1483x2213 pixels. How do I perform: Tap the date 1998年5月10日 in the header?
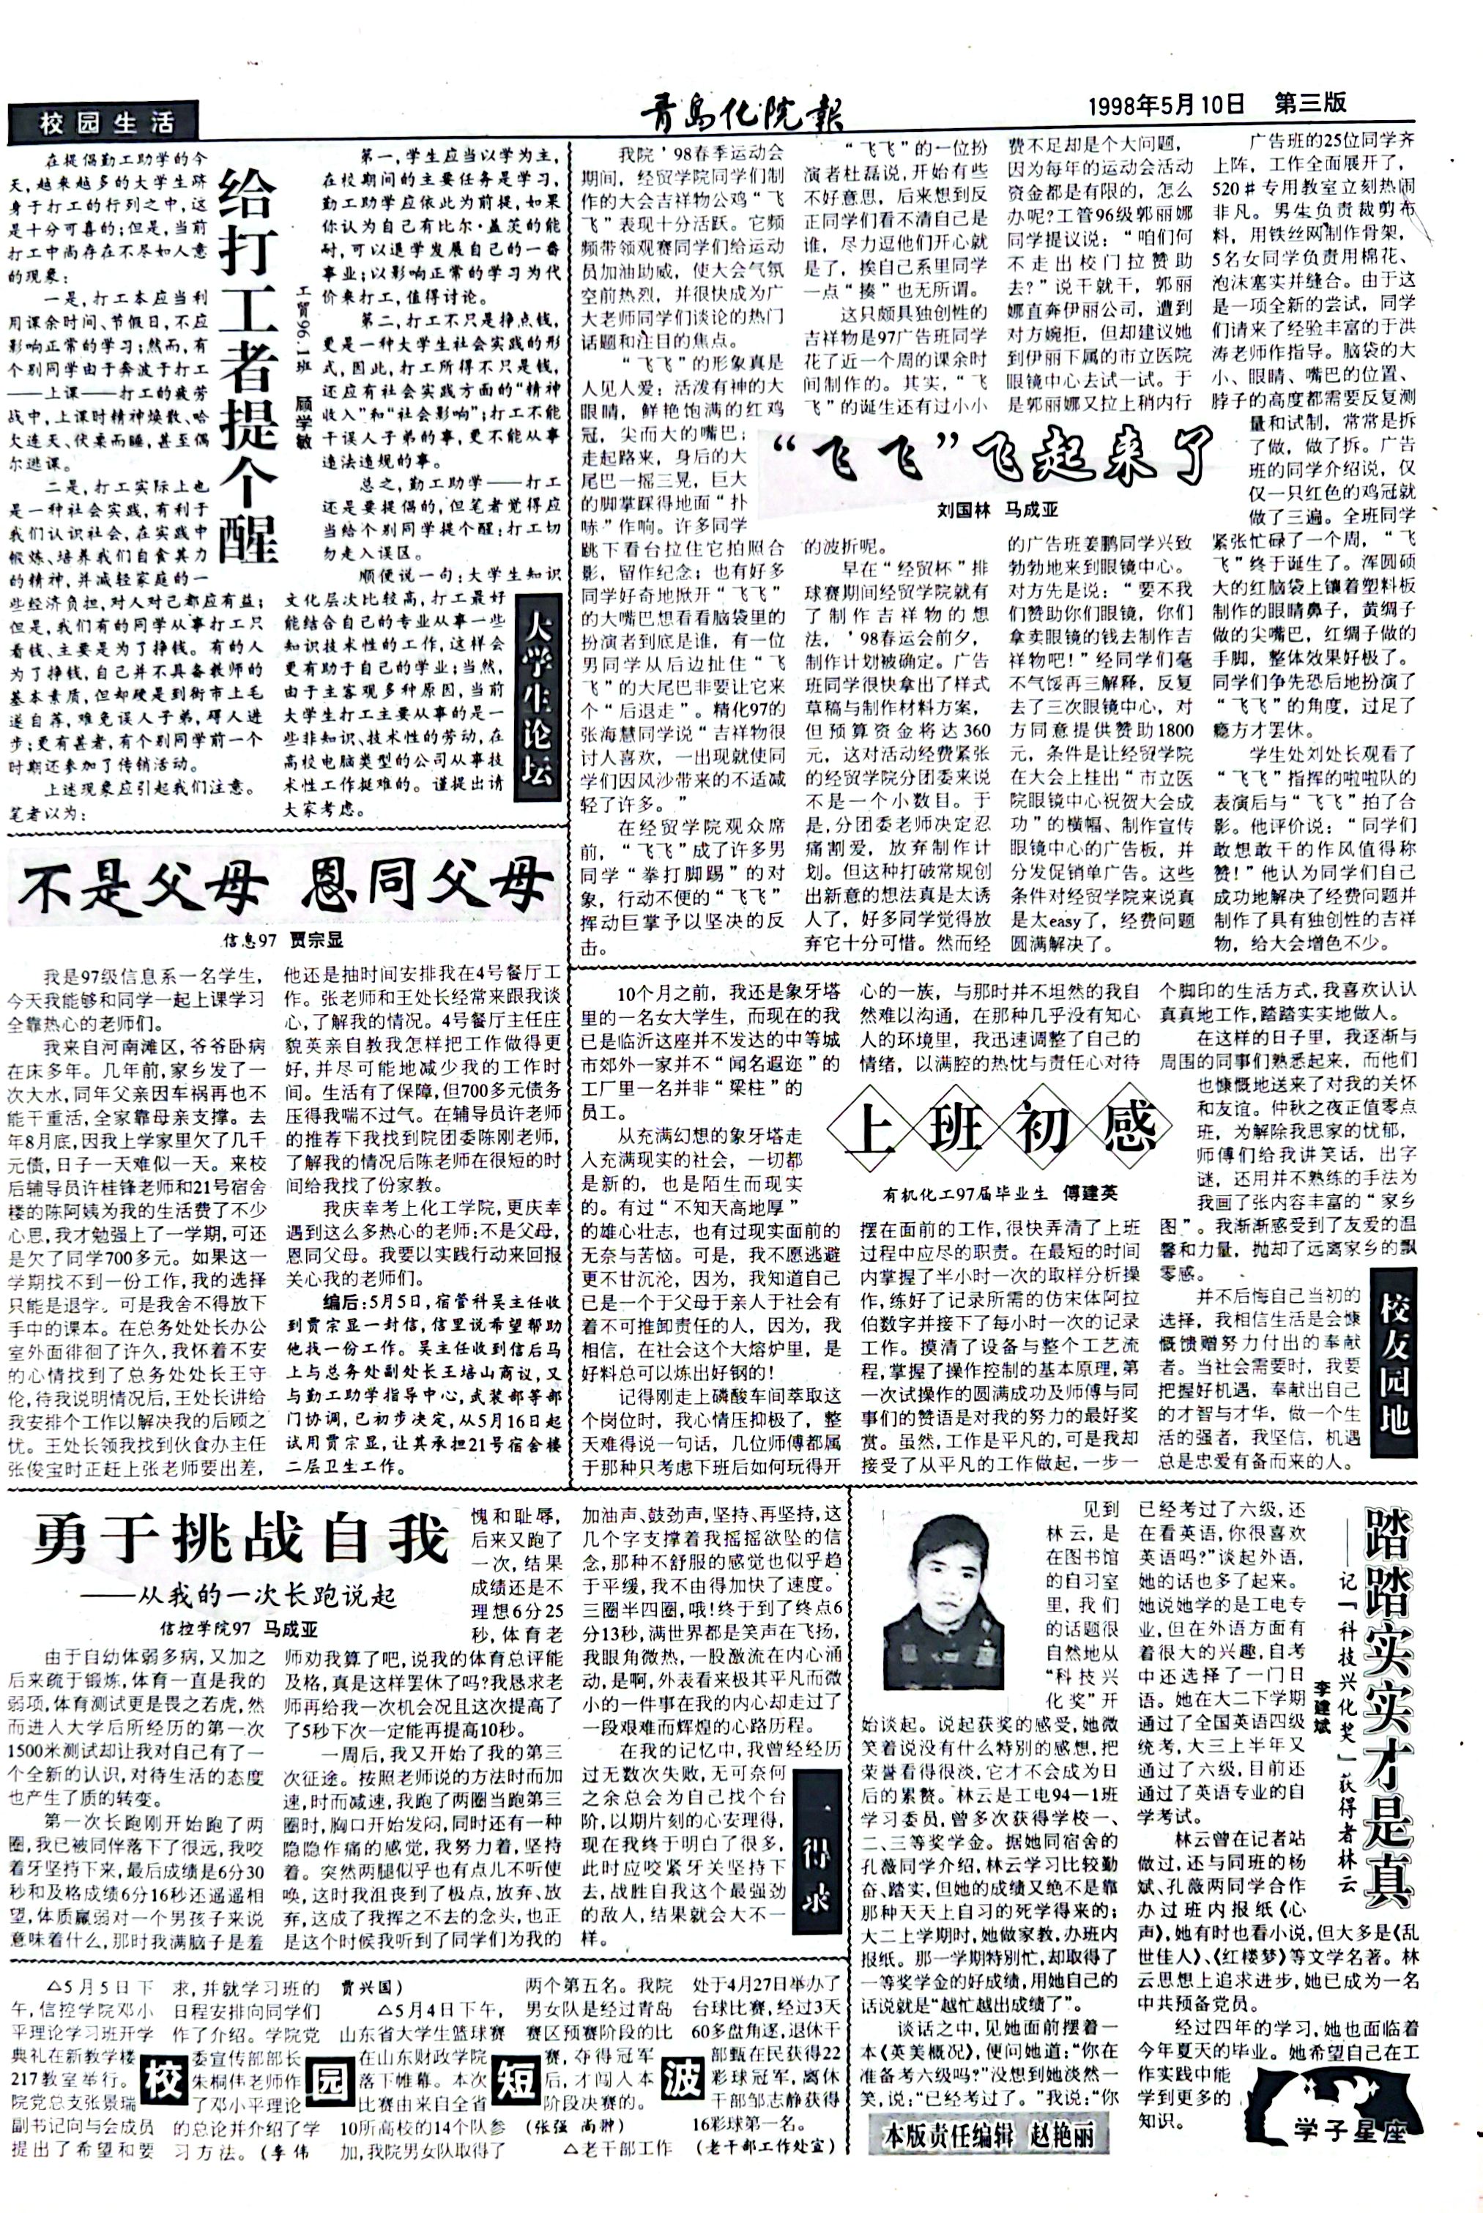[x=1166, y=103]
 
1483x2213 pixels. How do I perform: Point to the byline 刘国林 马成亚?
[x=997, y=510]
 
